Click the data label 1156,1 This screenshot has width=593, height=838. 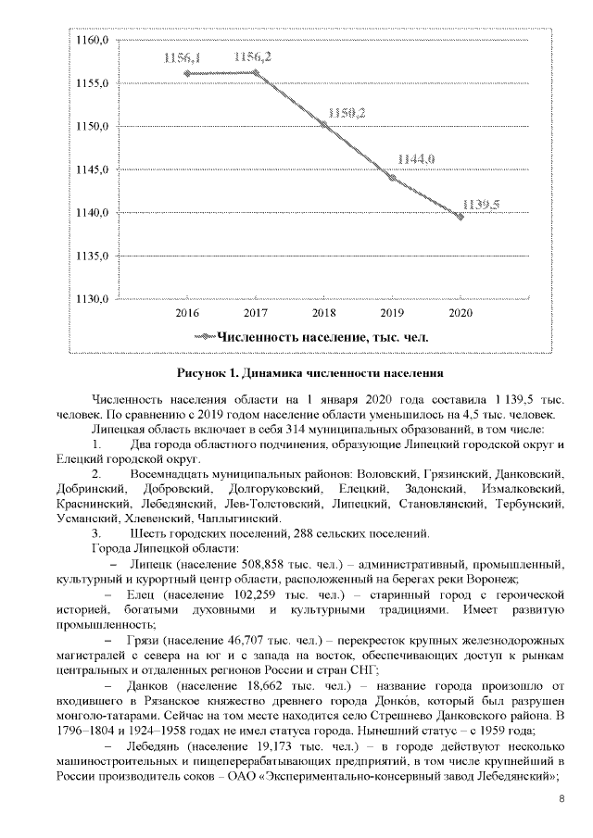[183, 57]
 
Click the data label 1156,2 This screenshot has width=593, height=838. [253, 57]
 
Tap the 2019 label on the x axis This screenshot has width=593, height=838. [392, 314]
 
